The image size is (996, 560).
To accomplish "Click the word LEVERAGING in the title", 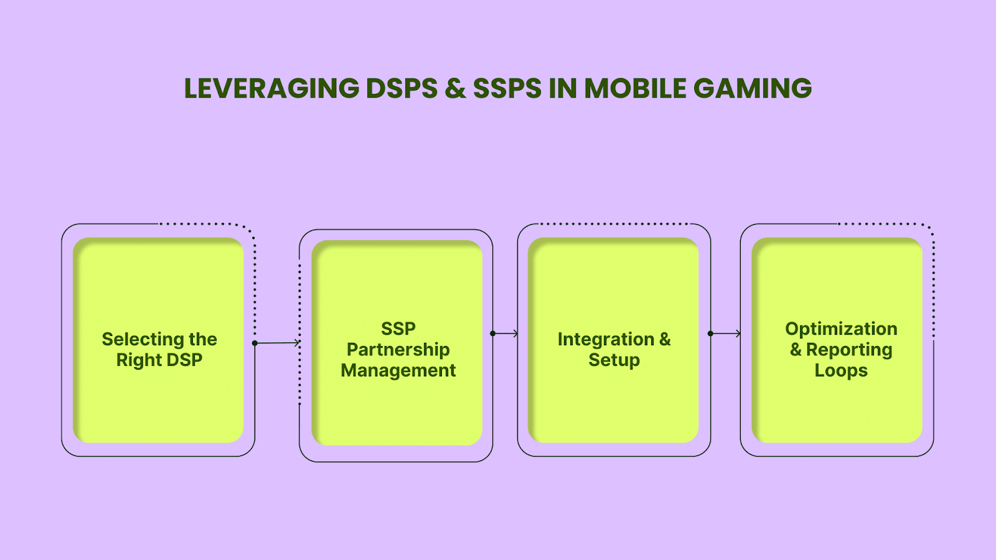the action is pos(271,88).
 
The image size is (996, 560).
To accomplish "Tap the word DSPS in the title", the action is pos(402,88).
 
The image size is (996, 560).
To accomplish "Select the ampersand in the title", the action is pos(456,88).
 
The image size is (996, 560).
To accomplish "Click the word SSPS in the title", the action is pos(507,88).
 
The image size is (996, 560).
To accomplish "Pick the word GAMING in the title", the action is pos(753,88).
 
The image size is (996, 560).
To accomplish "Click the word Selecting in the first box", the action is pos(143,340).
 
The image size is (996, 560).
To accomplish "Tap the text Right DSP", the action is pos(159,360).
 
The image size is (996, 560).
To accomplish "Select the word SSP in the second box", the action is pos(398,329).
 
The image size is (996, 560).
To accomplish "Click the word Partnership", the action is pos(398,350).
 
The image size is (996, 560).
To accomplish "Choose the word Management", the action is pos(398,371).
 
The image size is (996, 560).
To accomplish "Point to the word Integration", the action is pos(606,340).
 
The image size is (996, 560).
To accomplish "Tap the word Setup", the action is pos(614,360).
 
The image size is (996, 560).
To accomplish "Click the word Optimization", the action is pos(842,329).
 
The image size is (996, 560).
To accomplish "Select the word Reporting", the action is pos(849,350).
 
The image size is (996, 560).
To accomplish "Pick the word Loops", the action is pos(841,371).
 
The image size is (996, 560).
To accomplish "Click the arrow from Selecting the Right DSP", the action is pos(277,343).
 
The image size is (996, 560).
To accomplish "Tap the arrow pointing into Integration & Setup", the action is pos(505,334).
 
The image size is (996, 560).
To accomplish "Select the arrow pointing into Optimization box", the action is pos(725,334).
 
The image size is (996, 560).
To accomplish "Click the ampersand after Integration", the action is pos(665,339).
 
